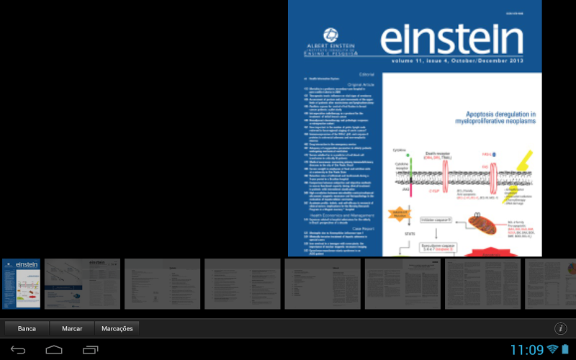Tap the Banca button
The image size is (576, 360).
(x=27, y=328)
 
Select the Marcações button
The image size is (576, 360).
(x=117, y=328)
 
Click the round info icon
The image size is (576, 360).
(x=561, y=328)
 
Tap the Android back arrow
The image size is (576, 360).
(x=18, y=350)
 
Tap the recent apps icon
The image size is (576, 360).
(x=90, y=350)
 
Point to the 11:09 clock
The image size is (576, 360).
(x=526, y=350)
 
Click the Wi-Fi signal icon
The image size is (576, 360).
(x=552, y=350)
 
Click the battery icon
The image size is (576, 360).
(x=565, y=350)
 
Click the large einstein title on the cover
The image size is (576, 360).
(x=451, y=40)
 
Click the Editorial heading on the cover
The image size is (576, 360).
(x=367, y=74)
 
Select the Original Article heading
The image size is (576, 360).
(x=361, y=84)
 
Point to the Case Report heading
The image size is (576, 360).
(x=364, y=228)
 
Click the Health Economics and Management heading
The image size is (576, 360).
(x=342, y=215)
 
